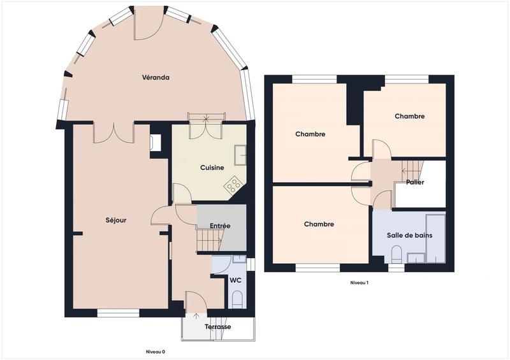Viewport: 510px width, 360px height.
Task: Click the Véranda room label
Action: pos(156,78)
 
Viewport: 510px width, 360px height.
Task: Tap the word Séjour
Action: pos(116,220)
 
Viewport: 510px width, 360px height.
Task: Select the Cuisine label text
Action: pos(212,168)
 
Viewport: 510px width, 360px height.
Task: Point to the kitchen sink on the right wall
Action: pos(240,155)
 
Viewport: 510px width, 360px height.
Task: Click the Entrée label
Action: pos(220,226)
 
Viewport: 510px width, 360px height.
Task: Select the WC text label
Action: pos(235,280)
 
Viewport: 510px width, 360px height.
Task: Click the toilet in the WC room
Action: pos(237,299)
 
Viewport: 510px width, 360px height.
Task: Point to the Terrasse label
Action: pos(218,327)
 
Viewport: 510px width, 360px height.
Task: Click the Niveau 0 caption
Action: pos(155,351)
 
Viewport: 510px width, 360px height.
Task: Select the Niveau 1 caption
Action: pos(360,282)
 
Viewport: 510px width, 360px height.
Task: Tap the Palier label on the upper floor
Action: pos(415,182)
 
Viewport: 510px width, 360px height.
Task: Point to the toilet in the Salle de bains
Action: pos(397,256)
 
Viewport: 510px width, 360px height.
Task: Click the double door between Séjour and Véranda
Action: pos(113,132)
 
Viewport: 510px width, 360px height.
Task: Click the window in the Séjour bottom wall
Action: pos(118,313)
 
